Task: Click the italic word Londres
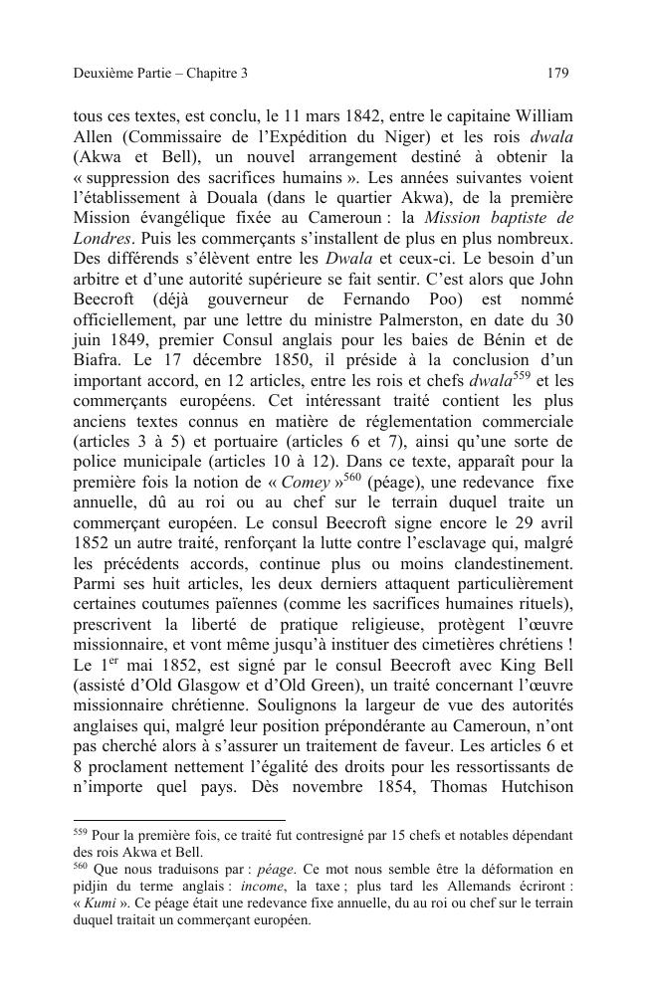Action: point(103,240)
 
